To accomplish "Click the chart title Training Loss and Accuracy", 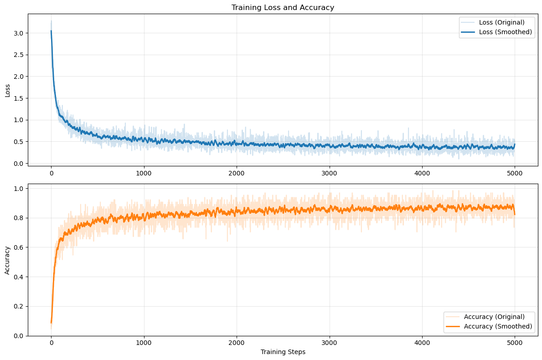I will (x=283, y=7).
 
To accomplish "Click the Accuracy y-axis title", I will (x=7, y=260).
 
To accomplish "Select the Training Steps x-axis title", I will (x=283, y=352).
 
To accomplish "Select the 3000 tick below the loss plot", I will (x=329, y=173).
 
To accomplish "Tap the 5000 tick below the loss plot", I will (x=515, y=173).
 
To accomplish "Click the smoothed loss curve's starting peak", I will (x=51, y=31).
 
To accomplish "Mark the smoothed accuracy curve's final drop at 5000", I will (x=515, y=214).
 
